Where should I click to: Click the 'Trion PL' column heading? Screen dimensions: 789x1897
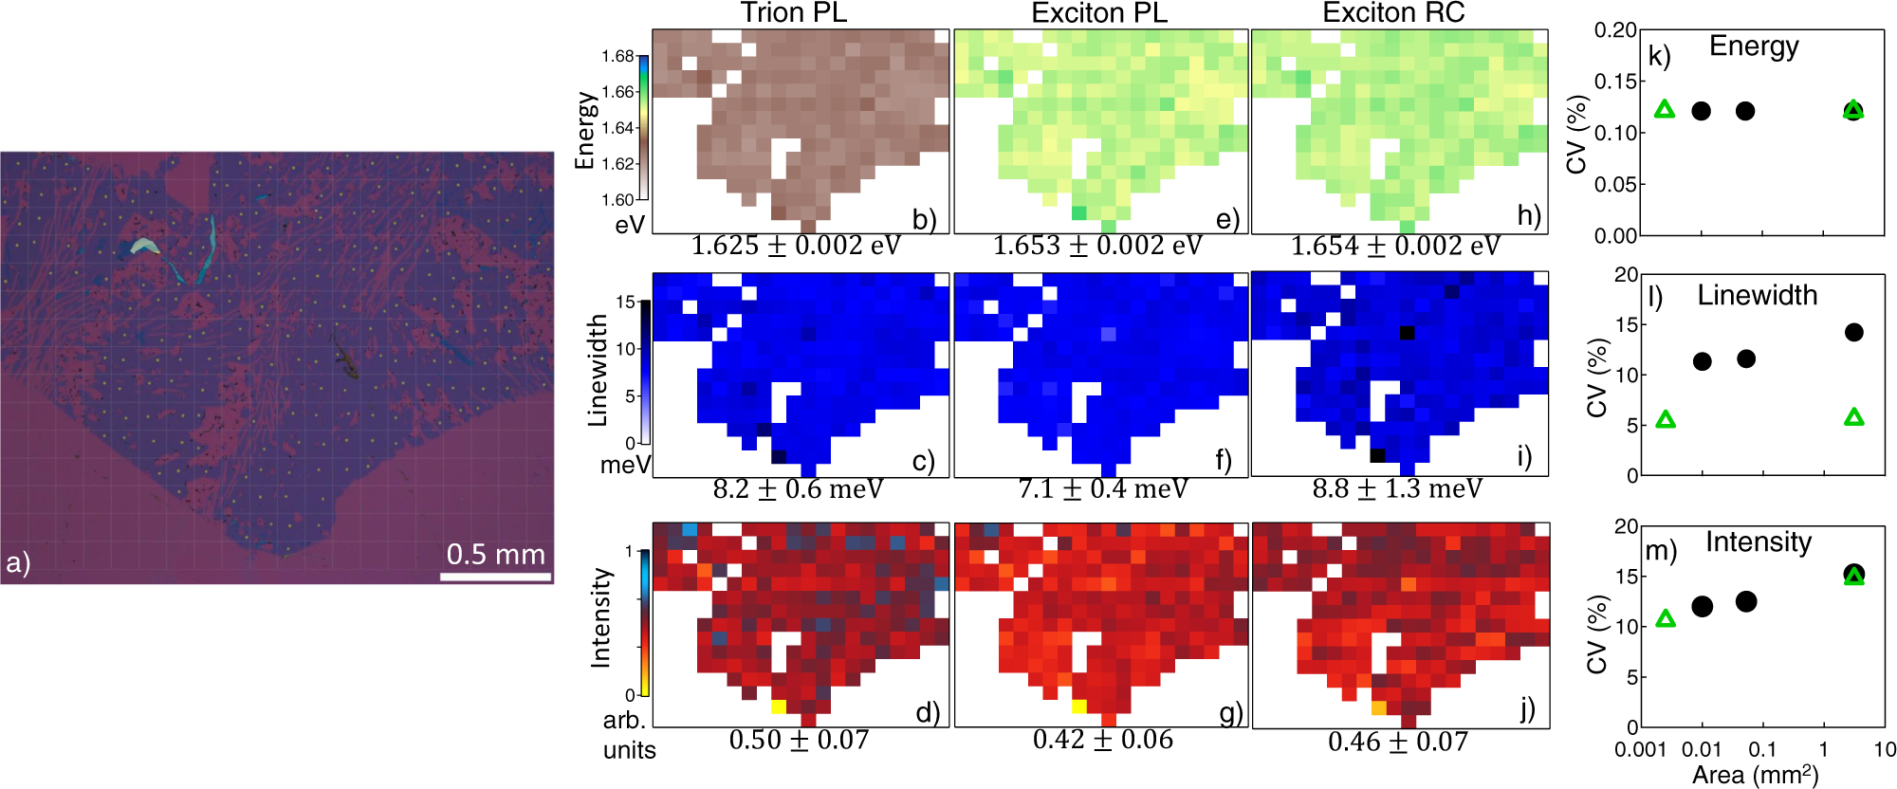pyautogui.click(x=793, y=12)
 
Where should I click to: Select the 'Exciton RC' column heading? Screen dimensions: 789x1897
pyautogui.click(x=1393, y=12)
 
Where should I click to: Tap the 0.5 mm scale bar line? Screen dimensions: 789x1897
pyautogui.click(x=495, y=576)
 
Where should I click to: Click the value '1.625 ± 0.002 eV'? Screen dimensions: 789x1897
pyautogui.click(x=796, y=246)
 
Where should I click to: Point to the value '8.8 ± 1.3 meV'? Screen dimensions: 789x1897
pyautogui.click(x=1396, y=488)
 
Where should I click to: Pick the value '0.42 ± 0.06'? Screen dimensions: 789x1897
pyautogui.click(x=1102, y=740)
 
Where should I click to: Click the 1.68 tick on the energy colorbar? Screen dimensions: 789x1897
pyautogui.click(x=617, y=56)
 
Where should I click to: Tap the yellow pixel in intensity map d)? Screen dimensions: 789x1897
pyautogui.click(x=779, y=706)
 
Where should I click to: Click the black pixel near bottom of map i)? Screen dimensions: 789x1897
pyautogui.click(x=1377, y=455)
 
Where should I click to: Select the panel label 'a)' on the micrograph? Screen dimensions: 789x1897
pyautogui.click(x=18, y=563)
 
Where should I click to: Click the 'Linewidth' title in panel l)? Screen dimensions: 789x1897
pyautogui.click(x=1757, y=295)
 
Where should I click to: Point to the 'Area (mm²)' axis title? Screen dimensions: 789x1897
pyautogui.click(x=1755, y=775)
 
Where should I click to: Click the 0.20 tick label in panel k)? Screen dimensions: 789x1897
pyautogui.click(x=1614, y=30)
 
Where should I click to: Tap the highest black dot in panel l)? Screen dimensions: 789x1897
pyautogui.click(x=1853, y=332)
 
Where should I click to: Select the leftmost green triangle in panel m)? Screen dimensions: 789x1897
pyautogui.click(x=1665, y=619)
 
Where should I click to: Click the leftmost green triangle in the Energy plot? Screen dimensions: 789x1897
pyautogui.click(x=1665, y=110)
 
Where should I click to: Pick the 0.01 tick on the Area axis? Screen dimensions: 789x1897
pyautogui.click(x=1701, y=749)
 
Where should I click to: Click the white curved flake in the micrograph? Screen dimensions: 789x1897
pyautogui.click(x=144, y=246)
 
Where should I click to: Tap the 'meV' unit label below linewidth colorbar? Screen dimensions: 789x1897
pyautogui.click(x=625, y=466)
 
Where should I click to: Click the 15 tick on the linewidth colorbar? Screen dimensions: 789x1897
pyautogui.click(x=625, y=303)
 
